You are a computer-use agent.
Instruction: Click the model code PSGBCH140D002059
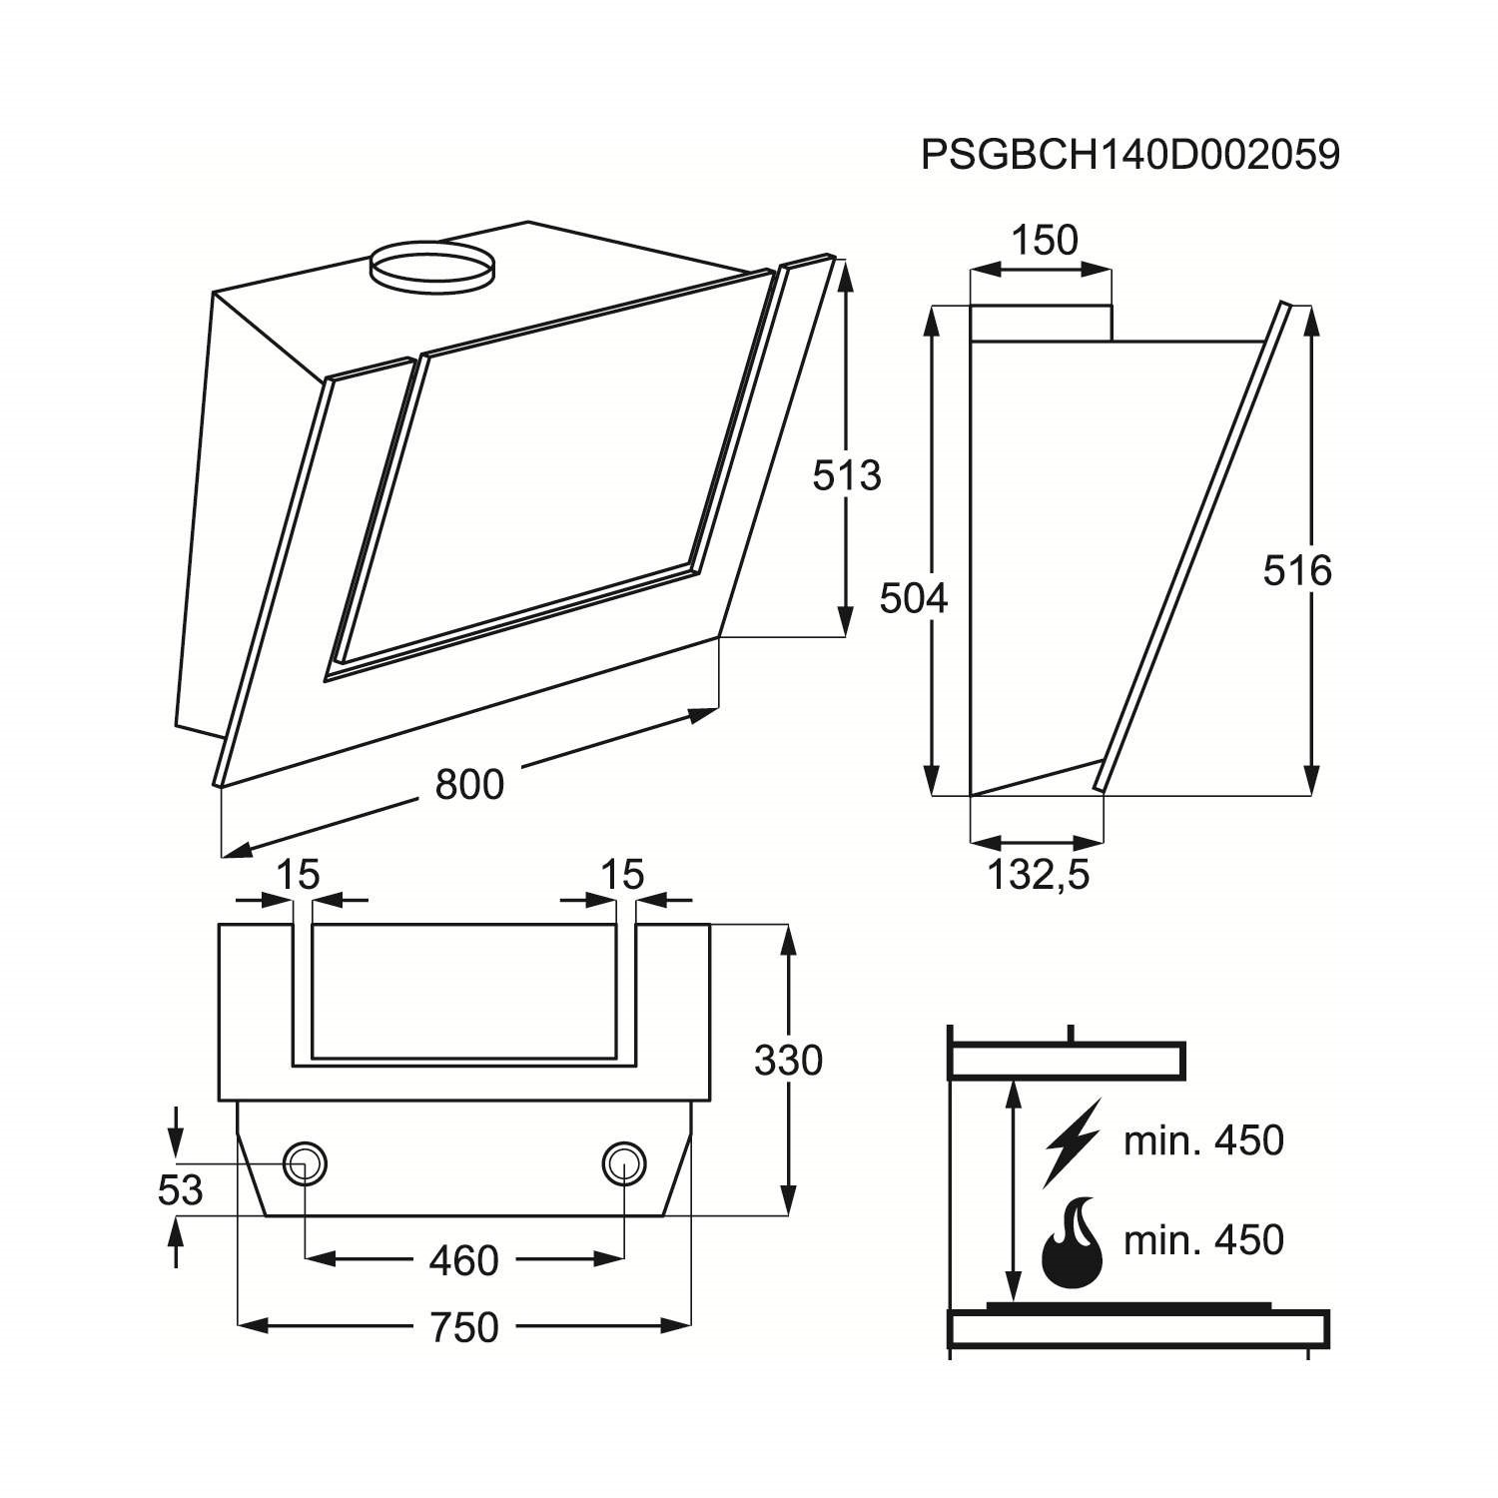[1129, 156]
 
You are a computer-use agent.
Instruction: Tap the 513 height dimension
[846, 475]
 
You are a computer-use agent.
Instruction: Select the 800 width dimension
[469, 785]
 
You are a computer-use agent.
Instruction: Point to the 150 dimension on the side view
[1045, 241]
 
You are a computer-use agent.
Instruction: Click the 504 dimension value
[913, 598]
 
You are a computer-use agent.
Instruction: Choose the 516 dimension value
[1297, 571]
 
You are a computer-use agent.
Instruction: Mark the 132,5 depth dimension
[1038, 875]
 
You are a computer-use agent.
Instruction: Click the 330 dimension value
[788, 1061]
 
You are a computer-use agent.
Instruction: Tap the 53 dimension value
[181, 1190]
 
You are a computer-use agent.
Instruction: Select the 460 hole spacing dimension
[463, 1260]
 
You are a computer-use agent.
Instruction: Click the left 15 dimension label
[297, 875]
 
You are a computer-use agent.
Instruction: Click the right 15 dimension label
[622, 875]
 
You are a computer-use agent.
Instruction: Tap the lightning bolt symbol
[1071, 1141]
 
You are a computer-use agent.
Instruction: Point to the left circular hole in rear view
[305, 1163]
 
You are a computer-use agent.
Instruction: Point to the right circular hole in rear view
[624, 1163]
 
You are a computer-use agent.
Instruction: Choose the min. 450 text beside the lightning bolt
[1203, 1140]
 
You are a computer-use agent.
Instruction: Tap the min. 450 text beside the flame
[1203, 1240]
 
